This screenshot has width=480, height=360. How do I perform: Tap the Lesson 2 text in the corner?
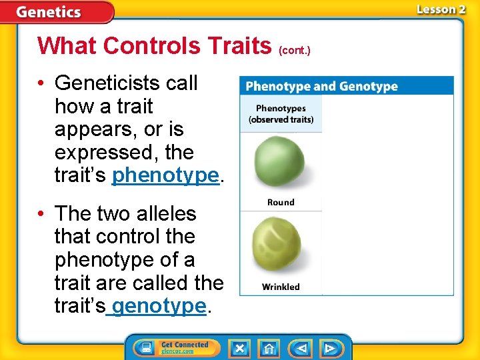[x=441, y=9]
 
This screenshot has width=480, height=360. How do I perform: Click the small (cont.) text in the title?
[x=295, y=50]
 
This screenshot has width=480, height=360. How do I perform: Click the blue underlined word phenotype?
[x=165, y=175]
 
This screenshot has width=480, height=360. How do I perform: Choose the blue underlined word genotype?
[x=159, y=306]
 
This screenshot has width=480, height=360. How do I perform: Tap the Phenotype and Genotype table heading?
[x=321, y=87]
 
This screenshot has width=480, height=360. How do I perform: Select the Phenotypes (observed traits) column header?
[x=281, y=114]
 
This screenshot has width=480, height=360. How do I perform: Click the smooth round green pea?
[x=280, y=162]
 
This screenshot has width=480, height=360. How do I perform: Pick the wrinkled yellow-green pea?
[x=280, y=248]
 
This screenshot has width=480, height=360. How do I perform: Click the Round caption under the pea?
[x=281, y=202]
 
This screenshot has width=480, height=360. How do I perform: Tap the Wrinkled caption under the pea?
[x=281, y=287]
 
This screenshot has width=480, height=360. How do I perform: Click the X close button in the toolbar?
[x=239, y=348]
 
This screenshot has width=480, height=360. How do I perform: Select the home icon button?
[x=269, y=348]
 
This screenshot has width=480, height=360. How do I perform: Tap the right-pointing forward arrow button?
[x=329, y=348]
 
